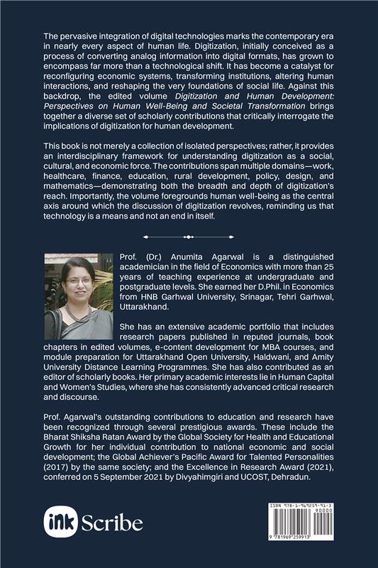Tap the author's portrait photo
(x=75, y=295)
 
